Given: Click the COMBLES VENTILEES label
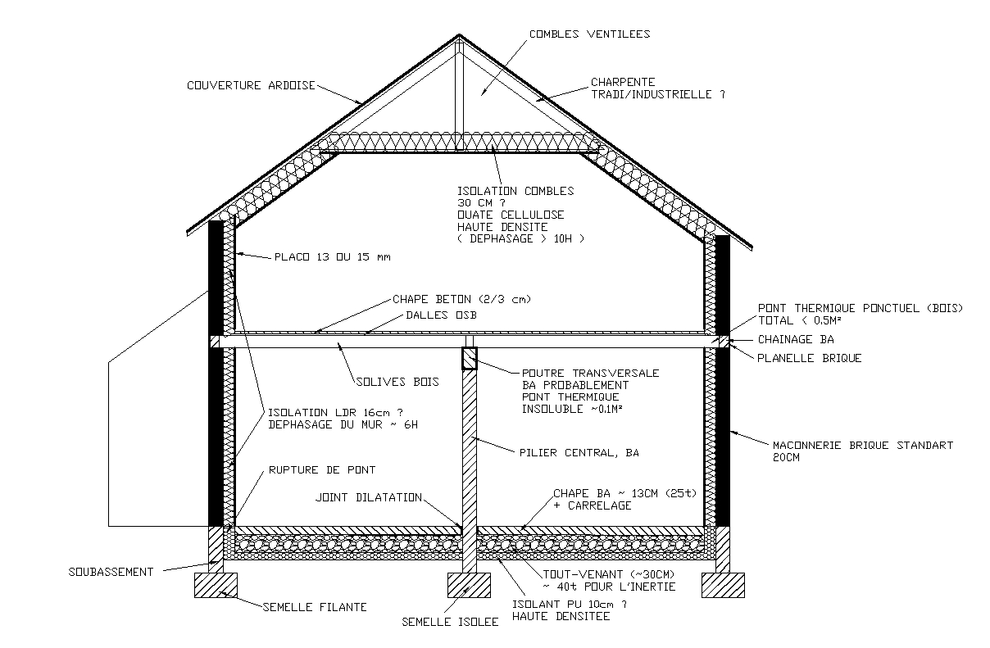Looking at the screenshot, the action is pos(589,34).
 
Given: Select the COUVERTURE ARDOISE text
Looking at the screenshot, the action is pos(251,85).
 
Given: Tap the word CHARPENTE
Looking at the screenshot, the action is pos(623,82).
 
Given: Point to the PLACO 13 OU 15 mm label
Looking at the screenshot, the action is pos(332,257).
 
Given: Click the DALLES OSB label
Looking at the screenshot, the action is pos(441,315).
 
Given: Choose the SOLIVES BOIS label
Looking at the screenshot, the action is pos(397,382).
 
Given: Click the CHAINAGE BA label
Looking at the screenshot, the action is pos(797,339).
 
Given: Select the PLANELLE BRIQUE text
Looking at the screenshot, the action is pos(810,358).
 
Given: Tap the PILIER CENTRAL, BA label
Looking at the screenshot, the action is pos(579,451).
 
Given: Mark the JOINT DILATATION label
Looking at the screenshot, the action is pos(369,497).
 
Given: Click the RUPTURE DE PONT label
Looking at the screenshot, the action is pos(322,470).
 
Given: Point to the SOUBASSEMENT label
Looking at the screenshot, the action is pos(111,572).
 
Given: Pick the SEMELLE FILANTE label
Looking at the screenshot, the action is pos(315,607).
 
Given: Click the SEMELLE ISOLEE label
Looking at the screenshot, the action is pos(450,622).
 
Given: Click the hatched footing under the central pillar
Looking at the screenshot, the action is pos(469,586).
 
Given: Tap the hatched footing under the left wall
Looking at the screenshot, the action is pos(216,586).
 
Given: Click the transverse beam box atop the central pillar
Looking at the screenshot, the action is pos(470,359).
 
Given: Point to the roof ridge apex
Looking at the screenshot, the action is pos(459,36).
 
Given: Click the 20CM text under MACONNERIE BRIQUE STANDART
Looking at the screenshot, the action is pos(786,458).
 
